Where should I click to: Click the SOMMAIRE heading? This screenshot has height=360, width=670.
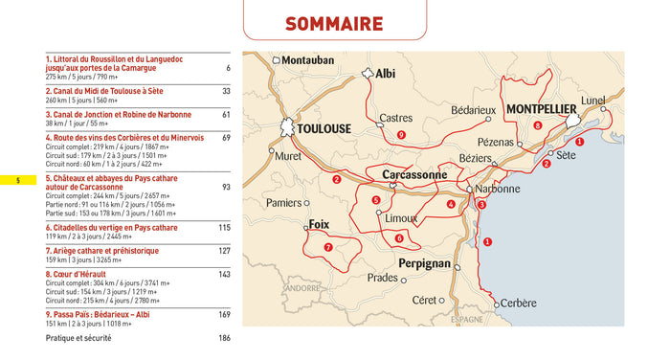[334, 24]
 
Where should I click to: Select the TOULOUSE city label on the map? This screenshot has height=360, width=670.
[324, 128]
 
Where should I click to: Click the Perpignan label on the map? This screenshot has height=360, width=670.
[424, 262]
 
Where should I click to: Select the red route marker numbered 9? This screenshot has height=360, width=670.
[401, 135]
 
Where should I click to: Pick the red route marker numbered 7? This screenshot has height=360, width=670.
[328, 247]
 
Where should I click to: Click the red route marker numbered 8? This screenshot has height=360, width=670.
[538, 125]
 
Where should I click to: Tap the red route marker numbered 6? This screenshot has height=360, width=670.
[399, 237]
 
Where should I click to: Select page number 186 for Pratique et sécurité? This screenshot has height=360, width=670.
[224, 338]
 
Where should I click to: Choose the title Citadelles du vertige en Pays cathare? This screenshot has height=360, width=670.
[112, 228]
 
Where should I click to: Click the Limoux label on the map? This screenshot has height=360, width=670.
[400, 218]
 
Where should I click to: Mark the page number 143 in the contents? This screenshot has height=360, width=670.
[224, 274]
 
